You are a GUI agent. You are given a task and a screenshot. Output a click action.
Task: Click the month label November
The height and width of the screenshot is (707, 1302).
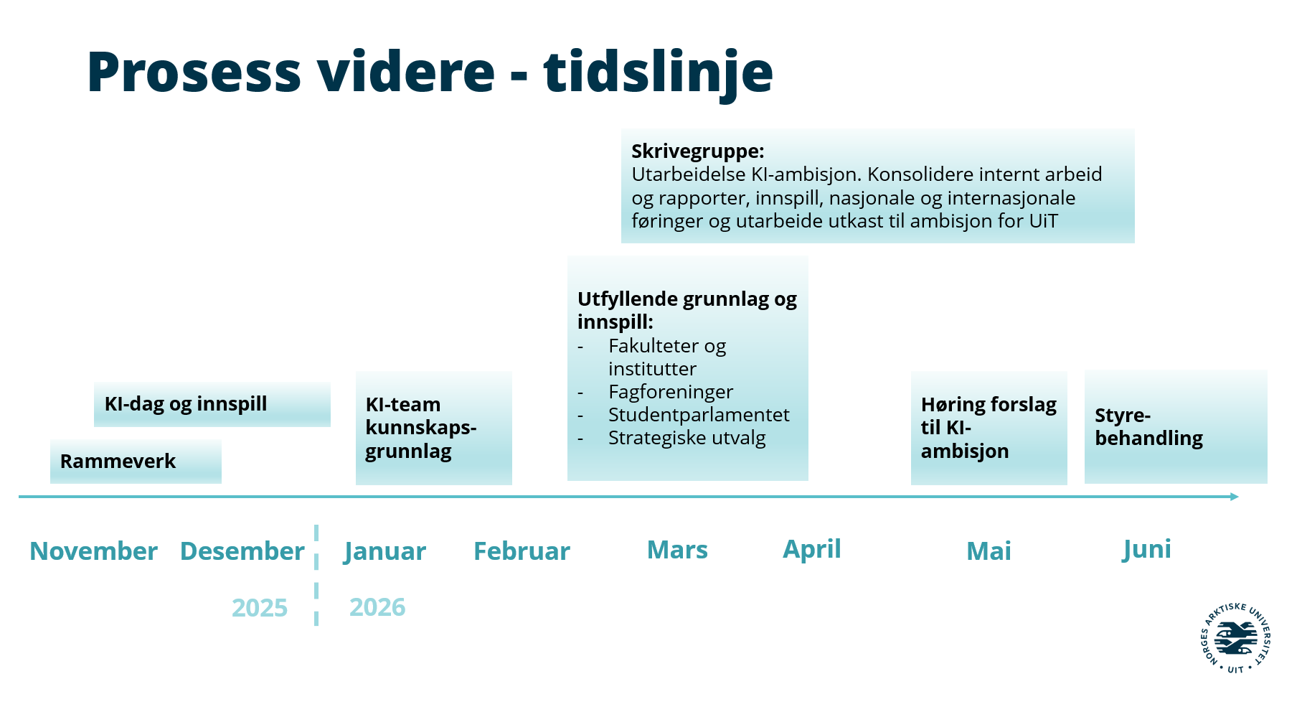click(x=93, y=551)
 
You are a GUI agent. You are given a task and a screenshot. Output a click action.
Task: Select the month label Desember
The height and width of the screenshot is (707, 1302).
click(x=242, y=551)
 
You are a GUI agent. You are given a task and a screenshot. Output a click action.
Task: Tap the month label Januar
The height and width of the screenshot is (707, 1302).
click(x=385, y=552)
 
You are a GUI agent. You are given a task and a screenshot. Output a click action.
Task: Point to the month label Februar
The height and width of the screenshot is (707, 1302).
click(x=522, y=551)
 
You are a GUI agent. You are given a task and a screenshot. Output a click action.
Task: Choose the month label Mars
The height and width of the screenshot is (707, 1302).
click(x=677, y=550)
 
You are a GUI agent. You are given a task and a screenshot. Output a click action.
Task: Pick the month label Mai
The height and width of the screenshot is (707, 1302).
click(x=989, y=551)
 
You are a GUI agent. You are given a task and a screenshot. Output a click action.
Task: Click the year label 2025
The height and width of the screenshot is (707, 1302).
click(x=260, y=608)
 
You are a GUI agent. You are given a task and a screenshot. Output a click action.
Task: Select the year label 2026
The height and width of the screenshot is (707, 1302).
click(x=377, y=607)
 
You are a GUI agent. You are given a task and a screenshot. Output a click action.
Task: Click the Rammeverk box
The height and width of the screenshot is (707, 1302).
click(x=136, y=462)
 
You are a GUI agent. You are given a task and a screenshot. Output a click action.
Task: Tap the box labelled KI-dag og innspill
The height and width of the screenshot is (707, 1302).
click(x=212, y=405)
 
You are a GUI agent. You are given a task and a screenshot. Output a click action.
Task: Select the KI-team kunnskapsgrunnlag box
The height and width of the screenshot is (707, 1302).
click(x=434, y=429)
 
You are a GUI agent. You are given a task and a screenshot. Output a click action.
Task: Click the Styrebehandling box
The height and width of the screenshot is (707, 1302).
click(x=1176, y=427)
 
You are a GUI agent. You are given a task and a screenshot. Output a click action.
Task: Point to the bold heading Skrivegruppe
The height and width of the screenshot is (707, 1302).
click(x=698, y=151)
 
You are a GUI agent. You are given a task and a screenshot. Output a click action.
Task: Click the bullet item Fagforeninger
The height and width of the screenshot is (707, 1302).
click(x=671, y=392)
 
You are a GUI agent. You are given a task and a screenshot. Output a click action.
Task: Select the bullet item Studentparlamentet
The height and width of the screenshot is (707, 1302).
click(x=699, y=415)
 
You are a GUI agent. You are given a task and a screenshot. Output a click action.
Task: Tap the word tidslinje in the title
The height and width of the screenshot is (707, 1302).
click(x=659, y=72)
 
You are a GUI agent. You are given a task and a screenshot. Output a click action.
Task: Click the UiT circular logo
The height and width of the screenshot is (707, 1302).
click(x=1235, y=638)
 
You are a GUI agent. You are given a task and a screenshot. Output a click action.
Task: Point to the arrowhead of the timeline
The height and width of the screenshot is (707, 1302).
click(x=1235, y=497)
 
